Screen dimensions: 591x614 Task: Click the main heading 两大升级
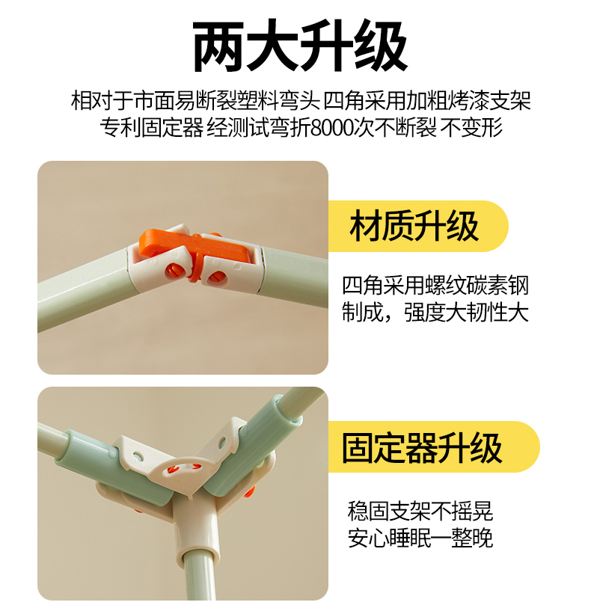(x=300, y=46)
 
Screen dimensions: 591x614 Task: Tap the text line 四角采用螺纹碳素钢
(x=435, y=285)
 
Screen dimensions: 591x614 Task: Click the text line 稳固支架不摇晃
(x=420, y=511)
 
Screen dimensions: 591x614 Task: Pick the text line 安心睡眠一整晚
(x=420, y=538)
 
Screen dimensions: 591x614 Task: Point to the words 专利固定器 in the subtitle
(x=152, y=127)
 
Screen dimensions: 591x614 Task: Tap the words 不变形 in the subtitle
(x=472, y=127)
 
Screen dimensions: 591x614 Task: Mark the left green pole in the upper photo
(x=85, y=289)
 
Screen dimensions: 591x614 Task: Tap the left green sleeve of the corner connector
(x=117, y=470)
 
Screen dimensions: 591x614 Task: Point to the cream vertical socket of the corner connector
(x=194, y=525)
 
